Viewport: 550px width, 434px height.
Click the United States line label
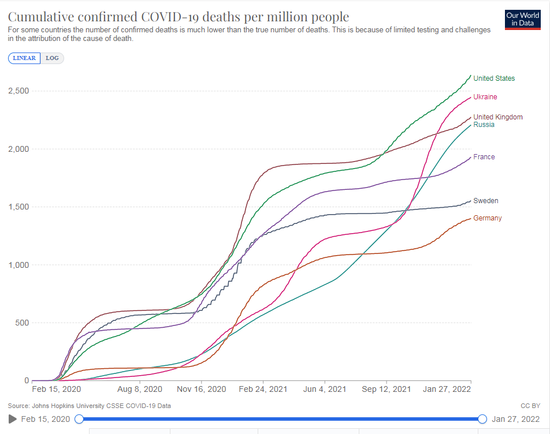coord(494,78)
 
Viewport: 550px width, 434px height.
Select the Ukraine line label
coord(485,97)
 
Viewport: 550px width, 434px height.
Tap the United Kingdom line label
coord(498,117)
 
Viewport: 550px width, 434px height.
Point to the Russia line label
coord(484,125)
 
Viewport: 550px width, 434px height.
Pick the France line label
coord(484,157)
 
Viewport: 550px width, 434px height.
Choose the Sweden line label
coord(485,201)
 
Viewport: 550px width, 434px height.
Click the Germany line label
coord(487,218)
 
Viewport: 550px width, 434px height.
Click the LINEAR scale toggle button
coord(24,58)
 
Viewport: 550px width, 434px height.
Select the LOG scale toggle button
coord(53,58)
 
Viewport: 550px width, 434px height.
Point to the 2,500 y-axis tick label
coord(18,91)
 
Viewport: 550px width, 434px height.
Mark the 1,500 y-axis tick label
coord(18,207)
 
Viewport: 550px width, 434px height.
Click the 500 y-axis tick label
coord(22,323)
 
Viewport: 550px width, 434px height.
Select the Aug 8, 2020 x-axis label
coord(140,390)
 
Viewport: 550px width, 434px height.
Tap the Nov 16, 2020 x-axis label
coord(202,390)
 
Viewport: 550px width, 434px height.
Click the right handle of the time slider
coord(482,419)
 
